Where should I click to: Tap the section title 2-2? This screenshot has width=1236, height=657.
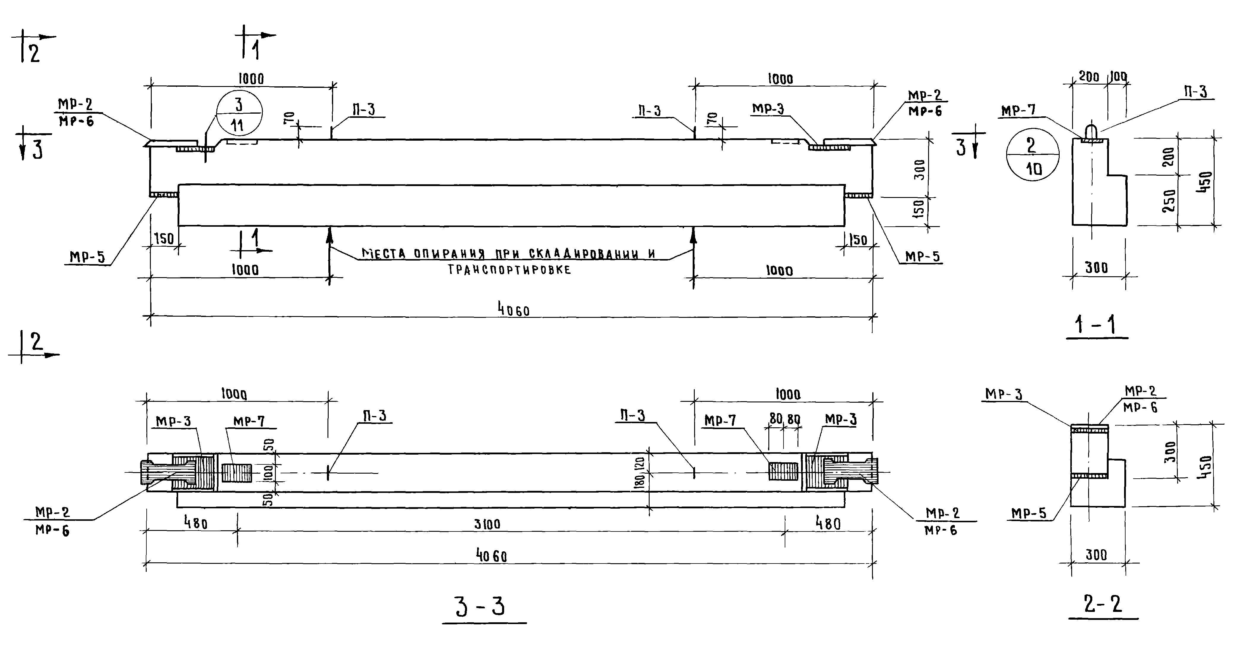(x=1103, y=604)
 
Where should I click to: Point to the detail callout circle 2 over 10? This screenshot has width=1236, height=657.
(x=1032, y=154)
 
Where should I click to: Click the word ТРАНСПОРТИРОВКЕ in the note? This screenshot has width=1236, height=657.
(x=509, y=270)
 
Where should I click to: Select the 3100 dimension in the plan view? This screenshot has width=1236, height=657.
(x=488, y=524)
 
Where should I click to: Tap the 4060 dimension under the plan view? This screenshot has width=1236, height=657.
(x=491, y=556)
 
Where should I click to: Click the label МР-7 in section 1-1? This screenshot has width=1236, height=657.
(x=1018, y=111)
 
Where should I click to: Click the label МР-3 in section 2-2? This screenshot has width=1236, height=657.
(x=1004, y=394)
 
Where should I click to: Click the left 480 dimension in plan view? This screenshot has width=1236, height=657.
(x=196, y=523)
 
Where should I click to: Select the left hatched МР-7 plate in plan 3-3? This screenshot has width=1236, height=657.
(x=237, y=472)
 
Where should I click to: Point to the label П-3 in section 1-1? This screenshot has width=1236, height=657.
(x=1195, y=92)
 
